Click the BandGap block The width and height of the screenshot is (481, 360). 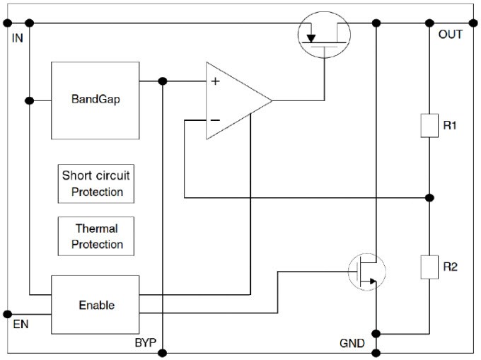[x=95, y=100]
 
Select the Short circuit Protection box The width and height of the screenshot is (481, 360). [x=96, y=183]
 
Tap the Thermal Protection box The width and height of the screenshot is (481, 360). [x=96, y=237]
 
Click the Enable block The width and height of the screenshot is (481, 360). [x=95, y=305]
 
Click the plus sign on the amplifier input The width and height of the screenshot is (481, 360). [x=215, y=82]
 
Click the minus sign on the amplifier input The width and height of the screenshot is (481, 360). [x=215, y=120]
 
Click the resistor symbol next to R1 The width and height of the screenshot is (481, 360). [x=429, y=124]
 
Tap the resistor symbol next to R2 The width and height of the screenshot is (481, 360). [x=429, y=267]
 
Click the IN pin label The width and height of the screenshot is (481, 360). [x=18, y=36]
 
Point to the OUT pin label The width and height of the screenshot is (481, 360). [x=450, y=34]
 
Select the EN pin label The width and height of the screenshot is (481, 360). [x=20, y=326]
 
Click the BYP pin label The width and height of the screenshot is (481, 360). [x=145, y=344]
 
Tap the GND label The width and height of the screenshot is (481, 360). [x=352, y=344]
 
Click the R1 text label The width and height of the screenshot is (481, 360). [x=451, y=125]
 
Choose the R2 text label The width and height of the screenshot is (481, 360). [x=451, y=267]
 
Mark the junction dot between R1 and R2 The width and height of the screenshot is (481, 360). [x=429, y=197]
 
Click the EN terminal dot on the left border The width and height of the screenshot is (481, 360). [x=8, y=313]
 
